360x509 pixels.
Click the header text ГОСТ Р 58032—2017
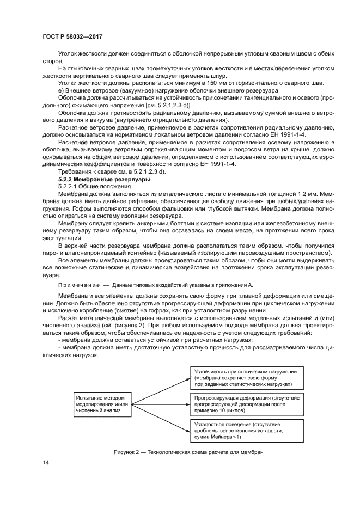point(72,36)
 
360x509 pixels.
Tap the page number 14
point(46,463)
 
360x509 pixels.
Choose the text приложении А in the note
point(234,285)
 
